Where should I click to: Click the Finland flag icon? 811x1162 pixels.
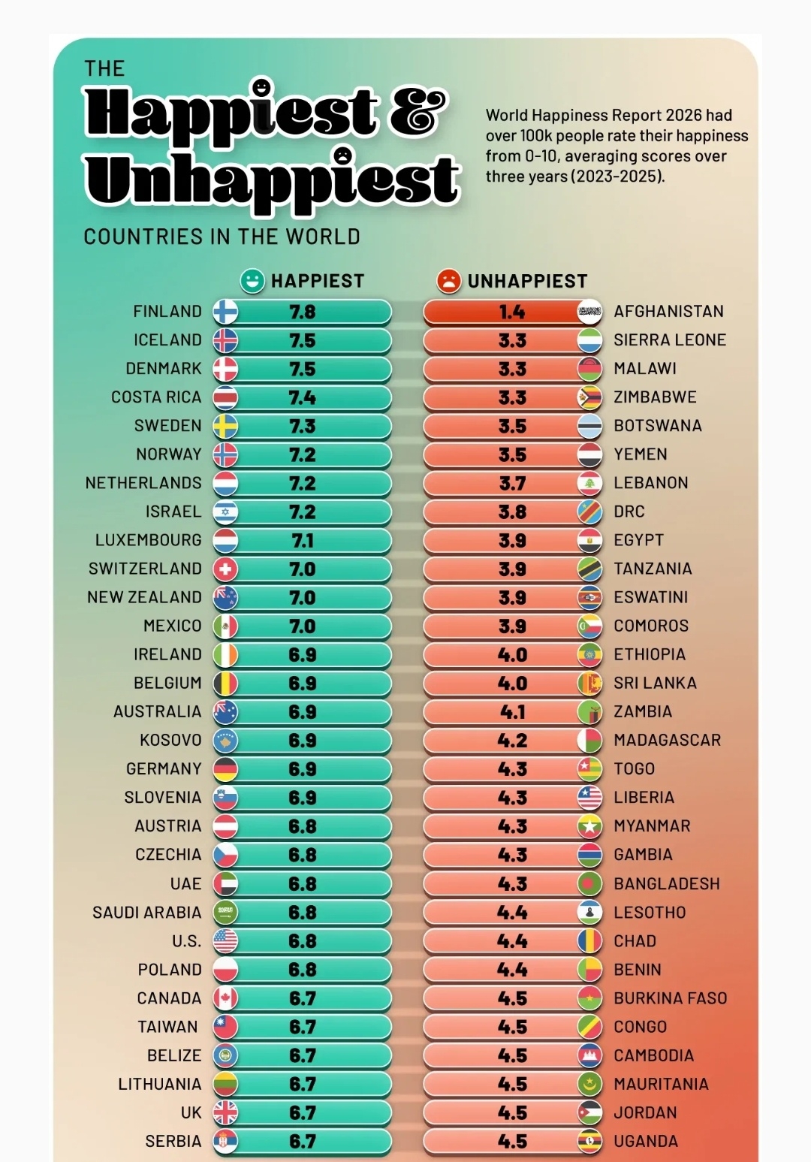click(225, 312)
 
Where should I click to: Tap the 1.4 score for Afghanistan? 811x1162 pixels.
click(512, 312)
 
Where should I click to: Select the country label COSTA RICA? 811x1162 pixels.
click(156, 397)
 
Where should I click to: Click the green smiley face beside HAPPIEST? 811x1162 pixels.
click(252, 281)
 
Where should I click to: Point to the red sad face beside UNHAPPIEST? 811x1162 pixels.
click(448, 281)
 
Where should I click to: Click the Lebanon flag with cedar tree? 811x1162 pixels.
click(589, 483)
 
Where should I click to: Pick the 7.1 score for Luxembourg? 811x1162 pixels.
click(303, 541)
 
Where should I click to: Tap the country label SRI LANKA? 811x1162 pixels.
click(655, 684)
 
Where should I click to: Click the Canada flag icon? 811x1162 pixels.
click(225, 998)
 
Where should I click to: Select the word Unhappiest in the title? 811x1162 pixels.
click(272, 180)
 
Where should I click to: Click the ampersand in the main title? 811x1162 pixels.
click(418, 113)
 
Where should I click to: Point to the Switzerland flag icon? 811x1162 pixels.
click(225, 569)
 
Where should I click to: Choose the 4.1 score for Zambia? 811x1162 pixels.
click(512, 712)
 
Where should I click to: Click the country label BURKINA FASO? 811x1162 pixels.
click(670, 998)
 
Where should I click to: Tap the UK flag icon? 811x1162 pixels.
click(225, 1112)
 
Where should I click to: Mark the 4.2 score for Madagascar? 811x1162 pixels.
click(512, 741)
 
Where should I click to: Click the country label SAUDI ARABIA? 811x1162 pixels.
click(146, 913)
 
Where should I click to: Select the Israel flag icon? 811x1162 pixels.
click(225, 512)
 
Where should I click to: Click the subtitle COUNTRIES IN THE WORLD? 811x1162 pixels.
click(222, 237)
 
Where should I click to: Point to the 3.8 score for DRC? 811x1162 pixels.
click(512, 512)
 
